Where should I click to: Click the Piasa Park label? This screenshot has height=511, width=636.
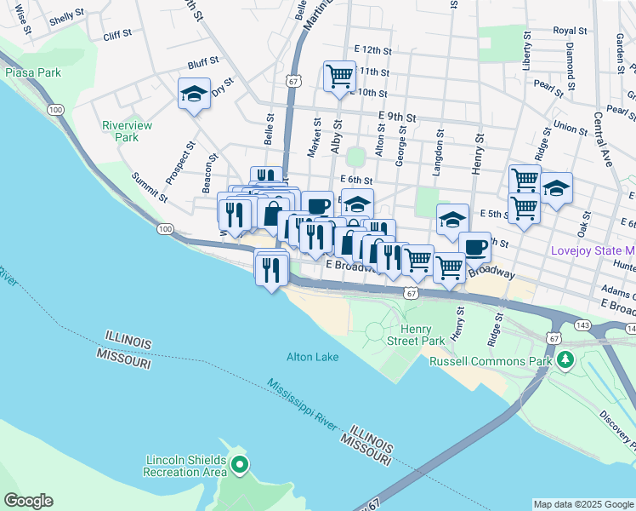point(33,72)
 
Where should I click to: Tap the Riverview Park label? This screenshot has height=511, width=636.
point(127,131)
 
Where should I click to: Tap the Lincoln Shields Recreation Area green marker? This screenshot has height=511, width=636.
point(240,465)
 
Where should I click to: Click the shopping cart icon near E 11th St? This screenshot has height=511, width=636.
point(339,76)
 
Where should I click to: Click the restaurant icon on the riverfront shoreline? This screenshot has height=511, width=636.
point(271,270)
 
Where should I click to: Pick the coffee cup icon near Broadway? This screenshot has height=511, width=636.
point(475,247)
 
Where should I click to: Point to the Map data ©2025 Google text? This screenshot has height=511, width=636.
point(583,504)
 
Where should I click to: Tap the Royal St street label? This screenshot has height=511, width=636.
point(570,31)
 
